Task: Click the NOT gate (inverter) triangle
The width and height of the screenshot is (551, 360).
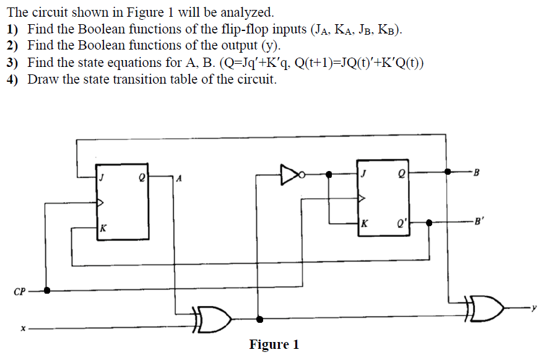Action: [289, 174]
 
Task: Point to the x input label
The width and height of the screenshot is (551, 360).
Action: [23, 328]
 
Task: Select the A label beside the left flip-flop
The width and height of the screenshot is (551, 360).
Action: [180, 179]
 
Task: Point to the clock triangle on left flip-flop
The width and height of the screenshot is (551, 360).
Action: [101, 202]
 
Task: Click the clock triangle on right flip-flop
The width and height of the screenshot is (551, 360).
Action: [362, 198]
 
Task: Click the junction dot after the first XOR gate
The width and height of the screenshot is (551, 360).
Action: [259, 320]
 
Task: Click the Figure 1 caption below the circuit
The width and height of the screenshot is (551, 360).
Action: [274, 345]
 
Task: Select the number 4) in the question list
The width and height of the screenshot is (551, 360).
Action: [13, 79]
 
